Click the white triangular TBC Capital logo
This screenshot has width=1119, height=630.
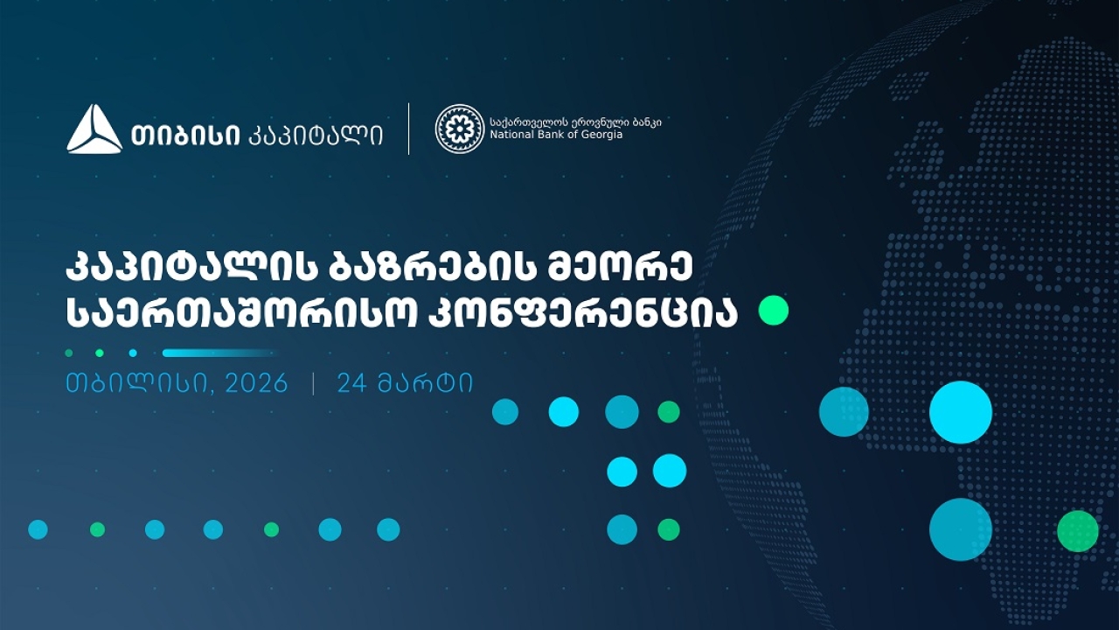click(x=94, y=129)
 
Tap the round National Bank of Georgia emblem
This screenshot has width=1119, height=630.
click(x=459, y=129)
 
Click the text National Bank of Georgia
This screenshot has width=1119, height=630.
click(x=556, y=136)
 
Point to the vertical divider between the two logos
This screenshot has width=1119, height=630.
click(x=409, y=129)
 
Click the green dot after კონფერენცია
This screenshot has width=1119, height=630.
click(x=773, y=311)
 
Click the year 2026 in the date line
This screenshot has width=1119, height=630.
click(x=255, y=384)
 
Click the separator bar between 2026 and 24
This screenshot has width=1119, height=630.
click(x=313, y=384)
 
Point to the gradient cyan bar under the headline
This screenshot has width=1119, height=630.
click(x=219, y=353)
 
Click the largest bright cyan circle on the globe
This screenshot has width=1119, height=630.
click(x=960, y=412)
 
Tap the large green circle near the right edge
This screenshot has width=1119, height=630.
click(x=1077, y=531)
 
